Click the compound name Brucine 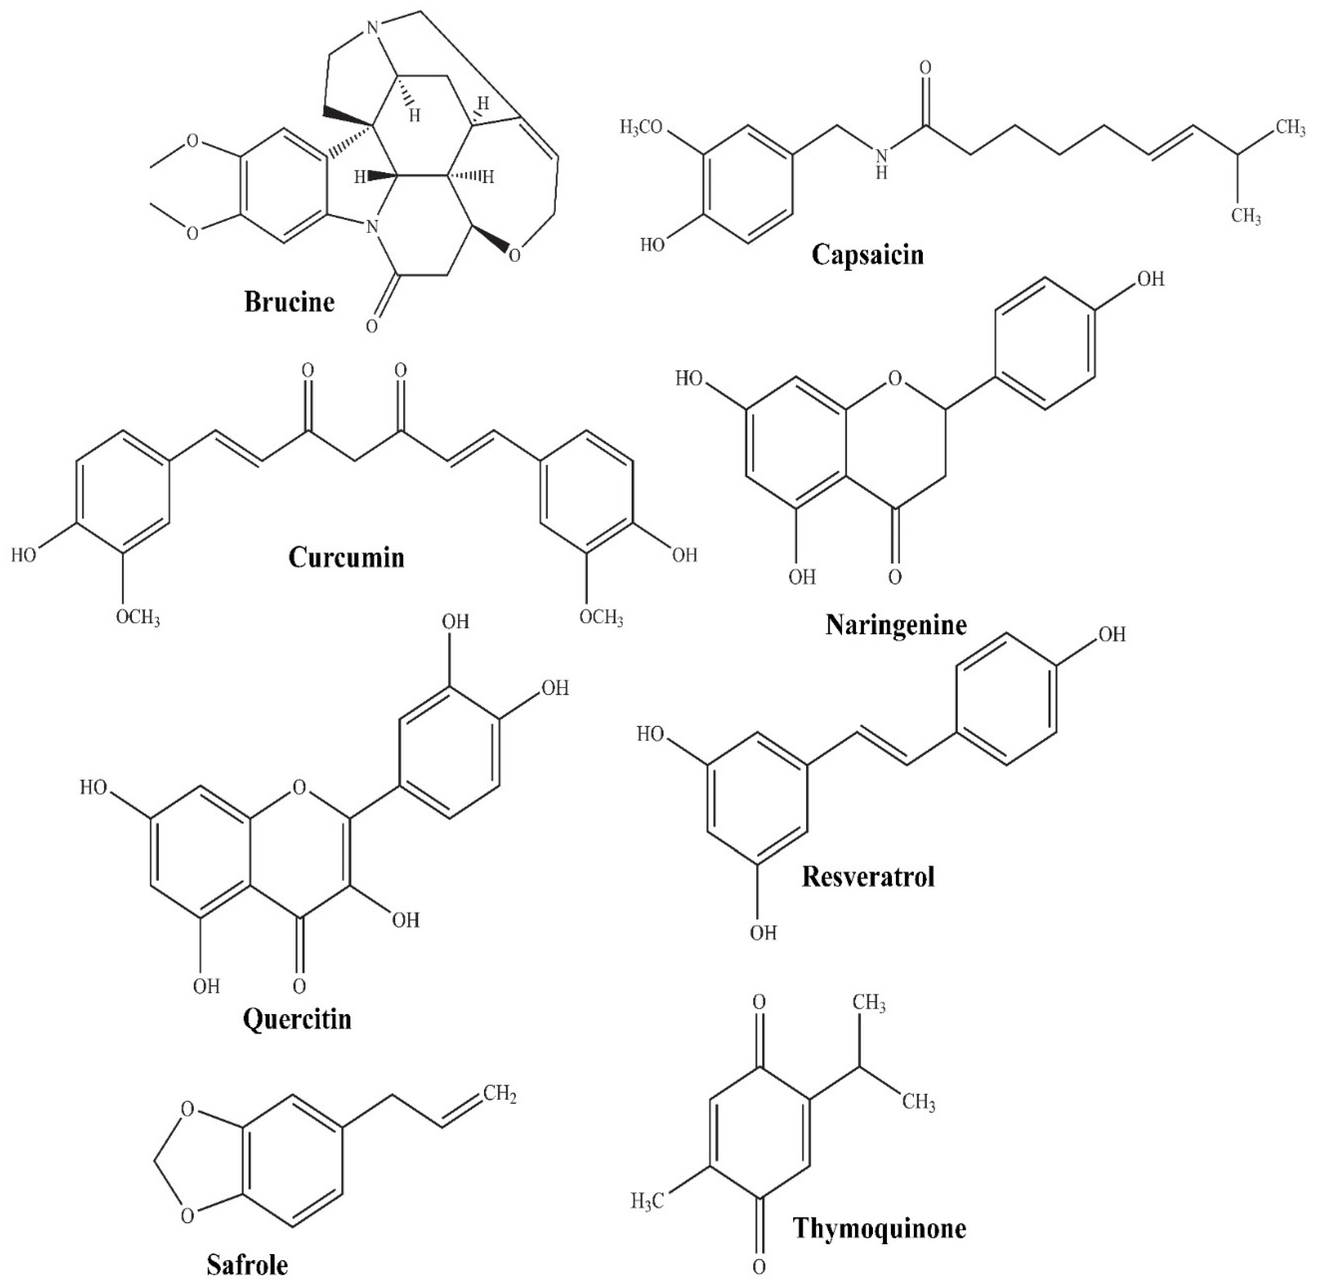pyautogui.click(x=289, y=301)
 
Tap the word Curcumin pyautogui.click(x=346, y=557)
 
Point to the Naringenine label pyautogui.click(x=896, y=626)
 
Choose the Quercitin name pyautogui.click(x=297, y=1018)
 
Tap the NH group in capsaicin pyautogui.click(x=881, y=164)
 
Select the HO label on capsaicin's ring pyautogui.click(x=652, y=244)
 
